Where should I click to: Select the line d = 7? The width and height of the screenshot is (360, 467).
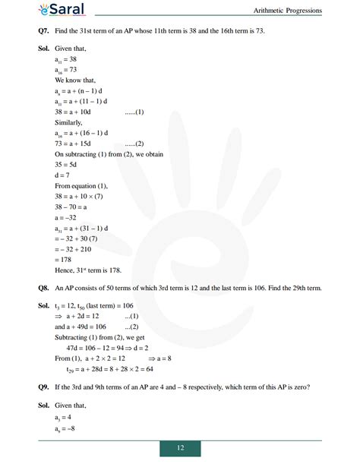(x=64, y=175)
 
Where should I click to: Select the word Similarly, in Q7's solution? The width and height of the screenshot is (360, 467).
(x=70, y=121)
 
